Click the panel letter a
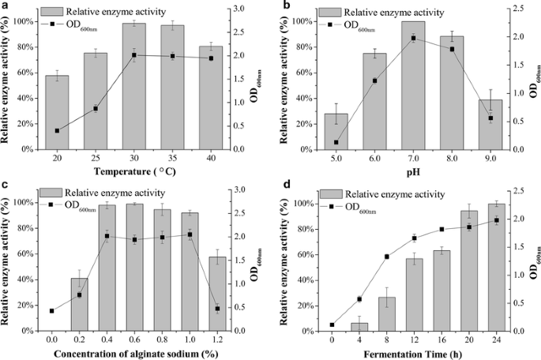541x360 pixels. pos(6,6)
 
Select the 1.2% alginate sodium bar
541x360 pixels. pos(218,293)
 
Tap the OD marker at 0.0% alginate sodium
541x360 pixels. pos(52,311)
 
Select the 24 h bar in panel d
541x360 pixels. pos(497,267)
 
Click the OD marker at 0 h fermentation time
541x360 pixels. pos(332,324)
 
